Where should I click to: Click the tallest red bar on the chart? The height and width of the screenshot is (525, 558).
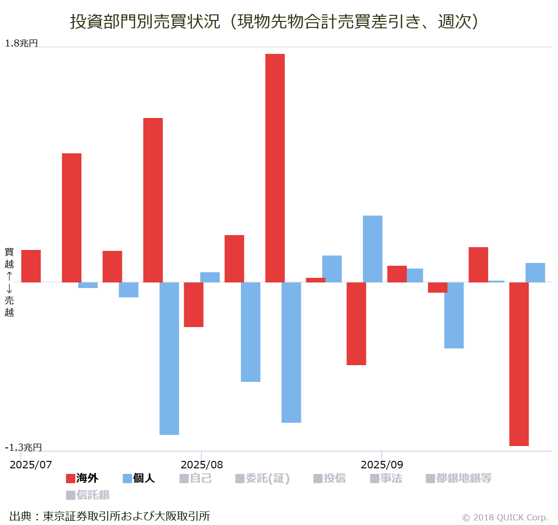point(275,168)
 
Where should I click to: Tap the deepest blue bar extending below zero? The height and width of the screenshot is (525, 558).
point(169,358)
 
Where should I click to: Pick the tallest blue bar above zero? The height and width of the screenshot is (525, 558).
point(372,249)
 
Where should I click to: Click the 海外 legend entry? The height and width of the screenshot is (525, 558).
point(82,478)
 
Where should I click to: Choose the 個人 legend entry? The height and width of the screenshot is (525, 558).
point(139,478)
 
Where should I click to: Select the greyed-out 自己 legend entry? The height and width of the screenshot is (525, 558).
point(196,478)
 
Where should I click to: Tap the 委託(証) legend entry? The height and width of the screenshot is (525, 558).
point(263,478)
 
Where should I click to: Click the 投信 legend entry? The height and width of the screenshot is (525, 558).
point(330,478)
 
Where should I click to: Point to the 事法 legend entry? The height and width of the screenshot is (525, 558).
point(386,478)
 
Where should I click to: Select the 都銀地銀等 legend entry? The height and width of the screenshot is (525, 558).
point(459,478)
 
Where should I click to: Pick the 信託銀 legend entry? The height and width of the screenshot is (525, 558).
point(88,495)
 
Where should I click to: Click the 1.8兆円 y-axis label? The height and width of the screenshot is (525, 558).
point(21,43)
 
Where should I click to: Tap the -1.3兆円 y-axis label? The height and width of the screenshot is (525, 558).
point(23,447)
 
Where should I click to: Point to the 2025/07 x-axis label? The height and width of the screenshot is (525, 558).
point(31,465)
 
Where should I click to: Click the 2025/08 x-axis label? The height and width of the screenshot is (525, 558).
point(202,465)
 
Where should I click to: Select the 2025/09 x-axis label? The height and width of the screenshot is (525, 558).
point(382,465)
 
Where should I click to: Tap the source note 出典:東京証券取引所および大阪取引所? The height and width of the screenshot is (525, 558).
point(110,516)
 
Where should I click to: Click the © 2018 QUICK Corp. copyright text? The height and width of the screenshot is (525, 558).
point(505,517)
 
